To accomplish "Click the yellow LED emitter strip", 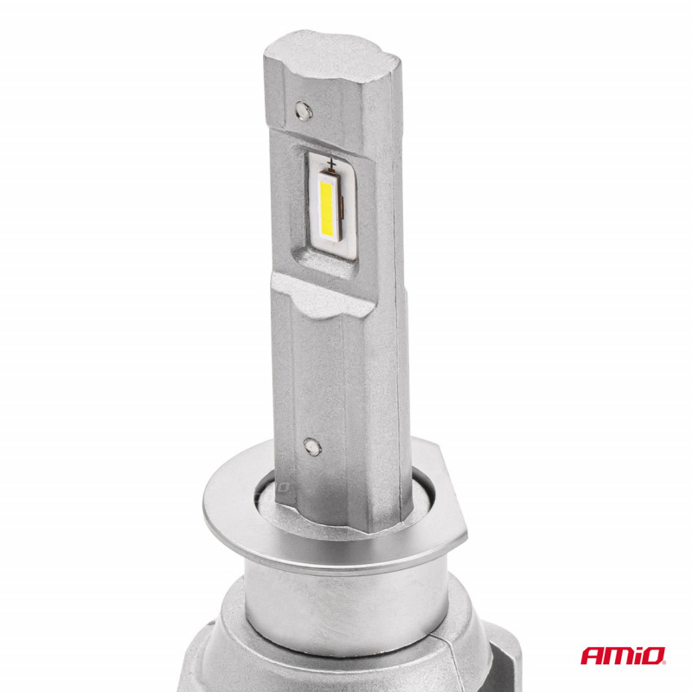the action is point(327,208).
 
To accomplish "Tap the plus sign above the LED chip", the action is point(331,164).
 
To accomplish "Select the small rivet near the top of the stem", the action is point(304,111).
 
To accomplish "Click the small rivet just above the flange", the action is point(312,446).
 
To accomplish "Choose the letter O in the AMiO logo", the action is point(655,656).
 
